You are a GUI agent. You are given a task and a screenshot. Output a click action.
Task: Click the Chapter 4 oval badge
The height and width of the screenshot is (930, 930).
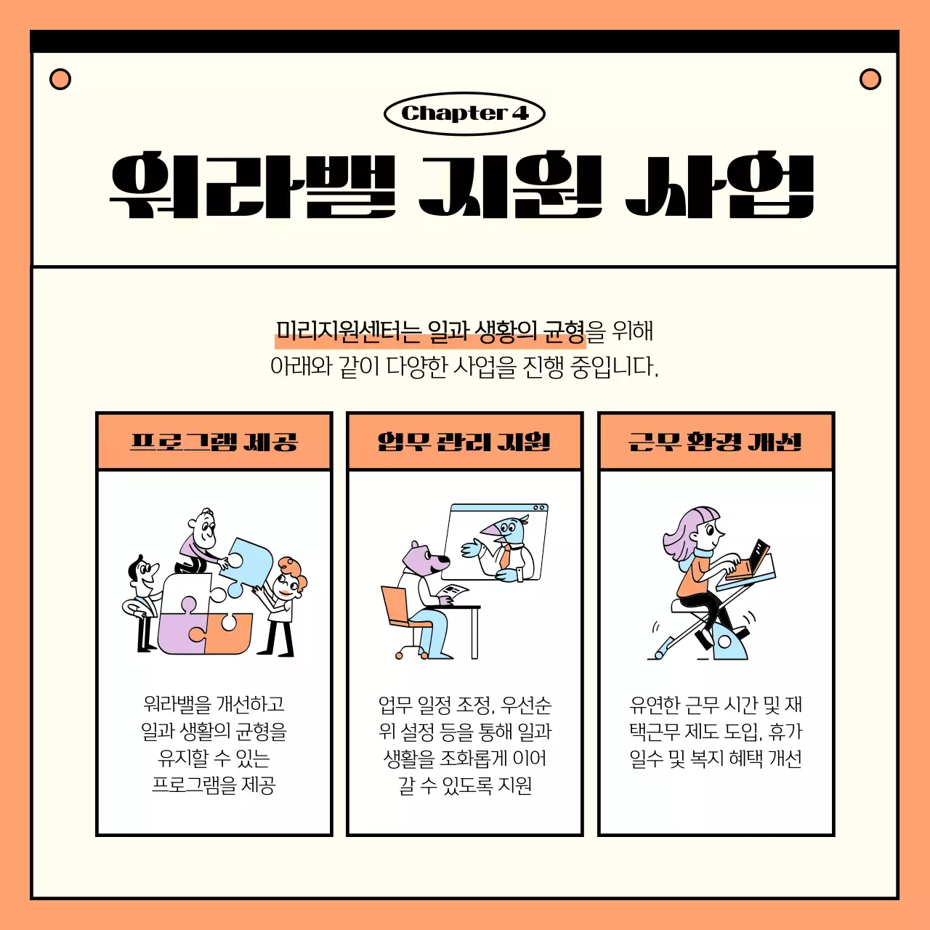coord(464,113)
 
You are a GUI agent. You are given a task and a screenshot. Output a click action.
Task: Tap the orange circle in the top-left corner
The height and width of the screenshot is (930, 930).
coord(60,79)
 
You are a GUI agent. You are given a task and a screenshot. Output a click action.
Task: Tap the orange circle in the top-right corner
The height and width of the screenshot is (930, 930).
coord(870,79)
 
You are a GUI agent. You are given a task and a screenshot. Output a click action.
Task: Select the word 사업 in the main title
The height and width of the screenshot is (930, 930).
coord(720,185)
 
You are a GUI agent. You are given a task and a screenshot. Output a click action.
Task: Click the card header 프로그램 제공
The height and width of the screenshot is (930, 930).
coord(214,442)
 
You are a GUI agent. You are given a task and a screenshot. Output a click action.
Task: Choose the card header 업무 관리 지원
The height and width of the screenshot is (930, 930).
coord(464,442)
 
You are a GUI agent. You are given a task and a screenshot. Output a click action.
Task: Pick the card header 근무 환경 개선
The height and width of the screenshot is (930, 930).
coord(716,442)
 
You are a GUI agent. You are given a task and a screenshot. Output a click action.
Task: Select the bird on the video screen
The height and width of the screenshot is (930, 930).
coord(508,541)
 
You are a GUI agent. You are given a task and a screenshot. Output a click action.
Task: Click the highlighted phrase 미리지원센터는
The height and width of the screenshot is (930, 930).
coord(349,332)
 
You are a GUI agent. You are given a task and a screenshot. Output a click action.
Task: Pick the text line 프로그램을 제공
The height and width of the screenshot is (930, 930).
coord(214,785)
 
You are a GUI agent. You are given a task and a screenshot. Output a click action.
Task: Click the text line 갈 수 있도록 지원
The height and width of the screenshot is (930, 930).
coord(465,785)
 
